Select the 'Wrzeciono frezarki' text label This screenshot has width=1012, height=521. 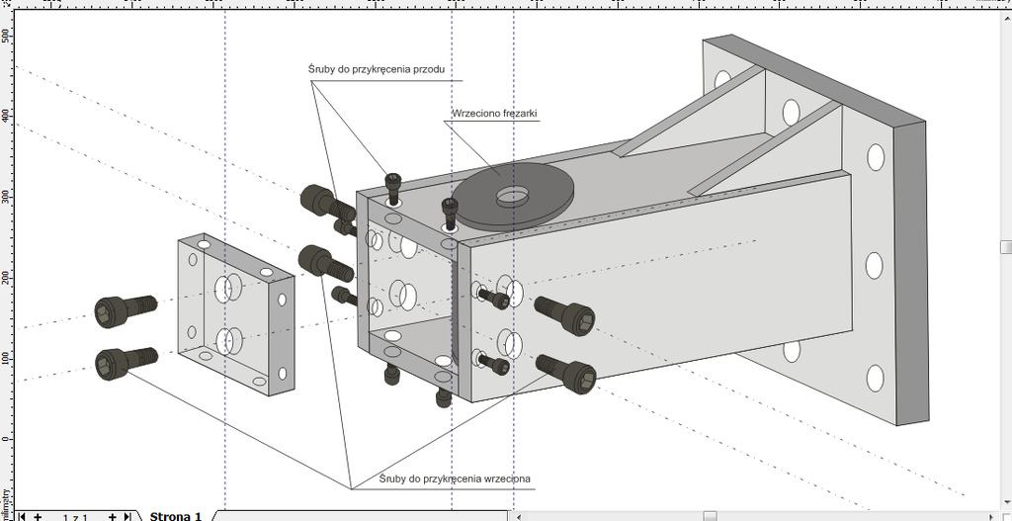tap(494, 114)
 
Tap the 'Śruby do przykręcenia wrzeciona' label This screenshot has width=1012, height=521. tap(455, 478)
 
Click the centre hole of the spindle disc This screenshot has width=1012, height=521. tap(511, 195)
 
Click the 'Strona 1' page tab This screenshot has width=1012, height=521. tap(176, 515)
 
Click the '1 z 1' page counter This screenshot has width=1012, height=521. tap(75, 516)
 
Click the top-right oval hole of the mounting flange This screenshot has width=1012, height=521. tap(876, 156)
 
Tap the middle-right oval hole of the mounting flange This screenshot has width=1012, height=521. tap(874, 265)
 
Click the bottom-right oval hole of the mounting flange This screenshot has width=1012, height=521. tap(875, 378)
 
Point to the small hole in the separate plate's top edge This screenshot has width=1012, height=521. tap(204, 242)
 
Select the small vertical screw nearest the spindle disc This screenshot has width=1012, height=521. tap(451, 210)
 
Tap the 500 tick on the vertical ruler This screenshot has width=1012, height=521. tap(6, 35)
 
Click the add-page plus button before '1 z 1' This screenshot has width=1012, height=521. tap(38, 516)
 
